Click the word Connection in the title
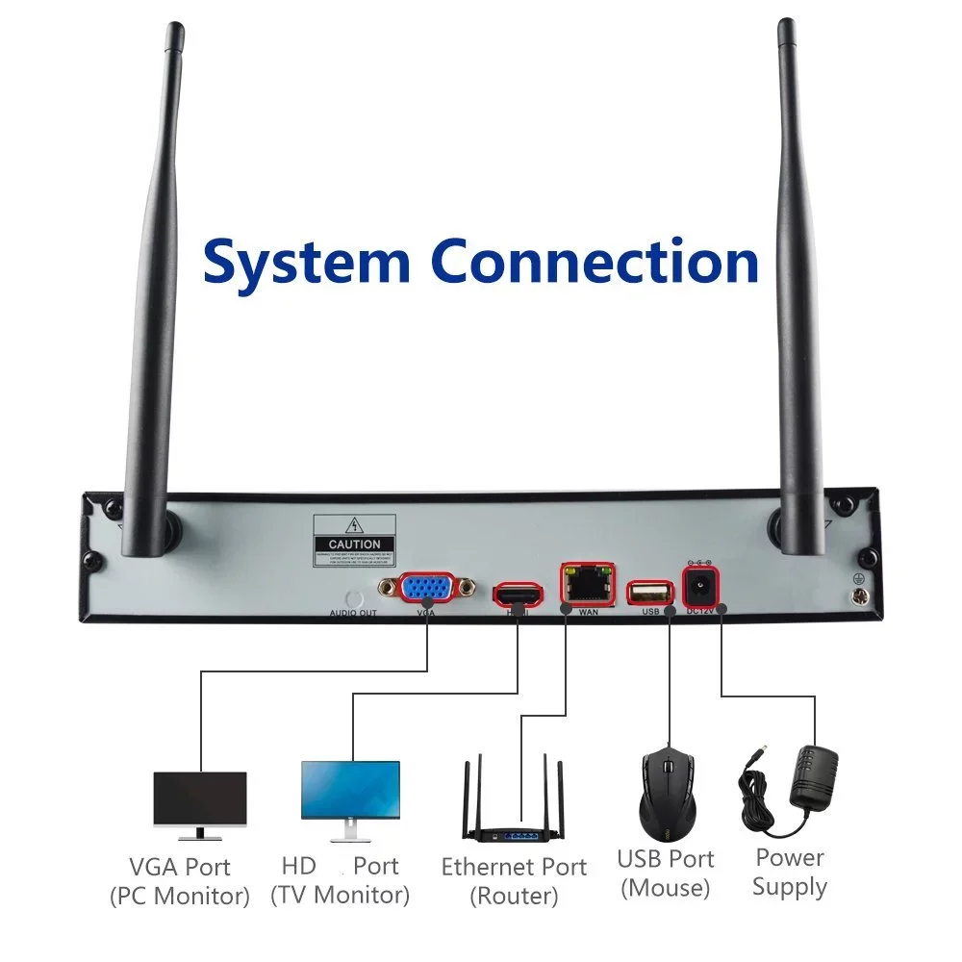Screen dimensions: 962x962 594,262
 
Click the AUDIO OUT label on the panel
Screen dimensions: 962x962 354,613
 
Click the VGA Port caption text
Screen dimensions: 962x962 180,867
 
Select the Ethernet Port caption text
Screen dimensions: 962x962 514,867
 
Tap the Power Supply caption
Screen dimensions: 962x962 790,872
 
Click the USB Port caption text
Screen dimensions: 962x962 666,859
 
